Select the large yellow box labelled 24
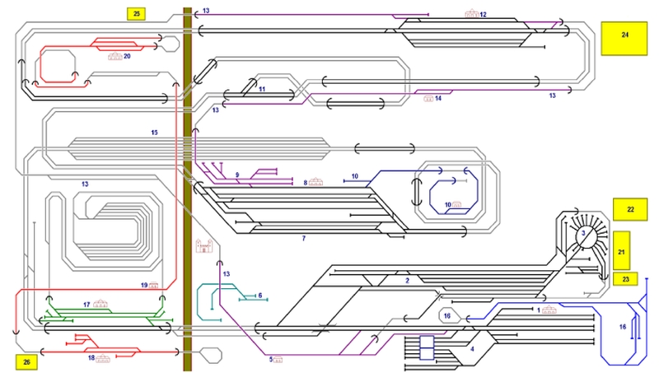pos(625,37)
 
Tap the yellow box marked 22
pos(630,210)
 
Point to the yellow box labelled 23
pos(625,279)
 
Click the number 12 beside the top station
pos(484,15)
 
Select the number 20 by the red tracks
pos(127,56)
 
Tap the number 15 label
pos(154,132)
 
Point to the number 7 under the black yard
pos(303,238)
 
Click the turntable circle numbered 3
pos(584,234)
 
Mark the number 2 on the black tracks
pos(407,280)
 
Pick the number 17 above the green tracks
pos(86,305)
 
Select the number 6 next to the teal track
pos(259,295)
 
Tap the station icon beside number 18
pos(103,357)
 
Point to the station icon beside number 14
pos(428,98)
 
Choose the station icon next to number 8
pos(317,182)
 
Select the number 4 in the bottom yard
pos(472,348)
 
